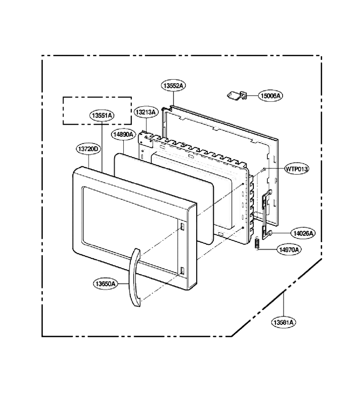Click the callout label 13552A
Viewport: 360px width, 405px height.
[174, 85]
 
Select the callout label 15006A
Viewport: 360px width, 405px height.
[270, 96]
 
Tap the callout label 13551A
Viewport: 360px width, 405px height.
[102, 116]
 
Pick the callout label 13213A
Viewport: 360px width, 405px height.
[146, 112]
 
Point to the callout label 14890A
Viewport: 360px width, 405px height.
[123, 134]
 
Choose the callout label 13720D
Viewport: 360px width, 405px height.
[88, 149]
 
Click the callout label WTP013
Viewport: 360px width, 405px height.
[297, 169]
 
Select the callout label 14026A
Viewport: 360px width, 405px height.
[303, 233]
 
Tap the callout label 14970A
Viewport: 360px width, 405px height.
[289, 249]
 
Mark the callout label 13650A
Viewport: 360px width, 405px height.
[105, 284]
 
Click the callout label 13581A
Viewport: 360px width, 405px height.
[283, 322]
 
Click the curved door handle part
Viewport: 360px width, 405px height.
[135, 278]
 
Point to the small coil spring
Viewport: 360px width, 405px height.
[256, 243]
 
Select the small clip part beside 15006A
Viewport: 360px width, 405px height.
[237, 95]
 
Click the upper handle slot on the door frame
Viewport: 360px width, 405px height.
[182, 226]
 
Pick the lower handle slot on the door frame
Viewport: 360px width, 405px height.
[182, 271]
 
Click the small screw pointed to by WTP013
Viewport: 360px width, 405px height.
[264, 170]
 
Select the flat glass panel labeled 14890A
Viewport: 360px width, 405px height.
[164, 198]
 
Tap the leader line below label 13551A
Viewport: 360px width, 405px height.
[102, 147]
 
